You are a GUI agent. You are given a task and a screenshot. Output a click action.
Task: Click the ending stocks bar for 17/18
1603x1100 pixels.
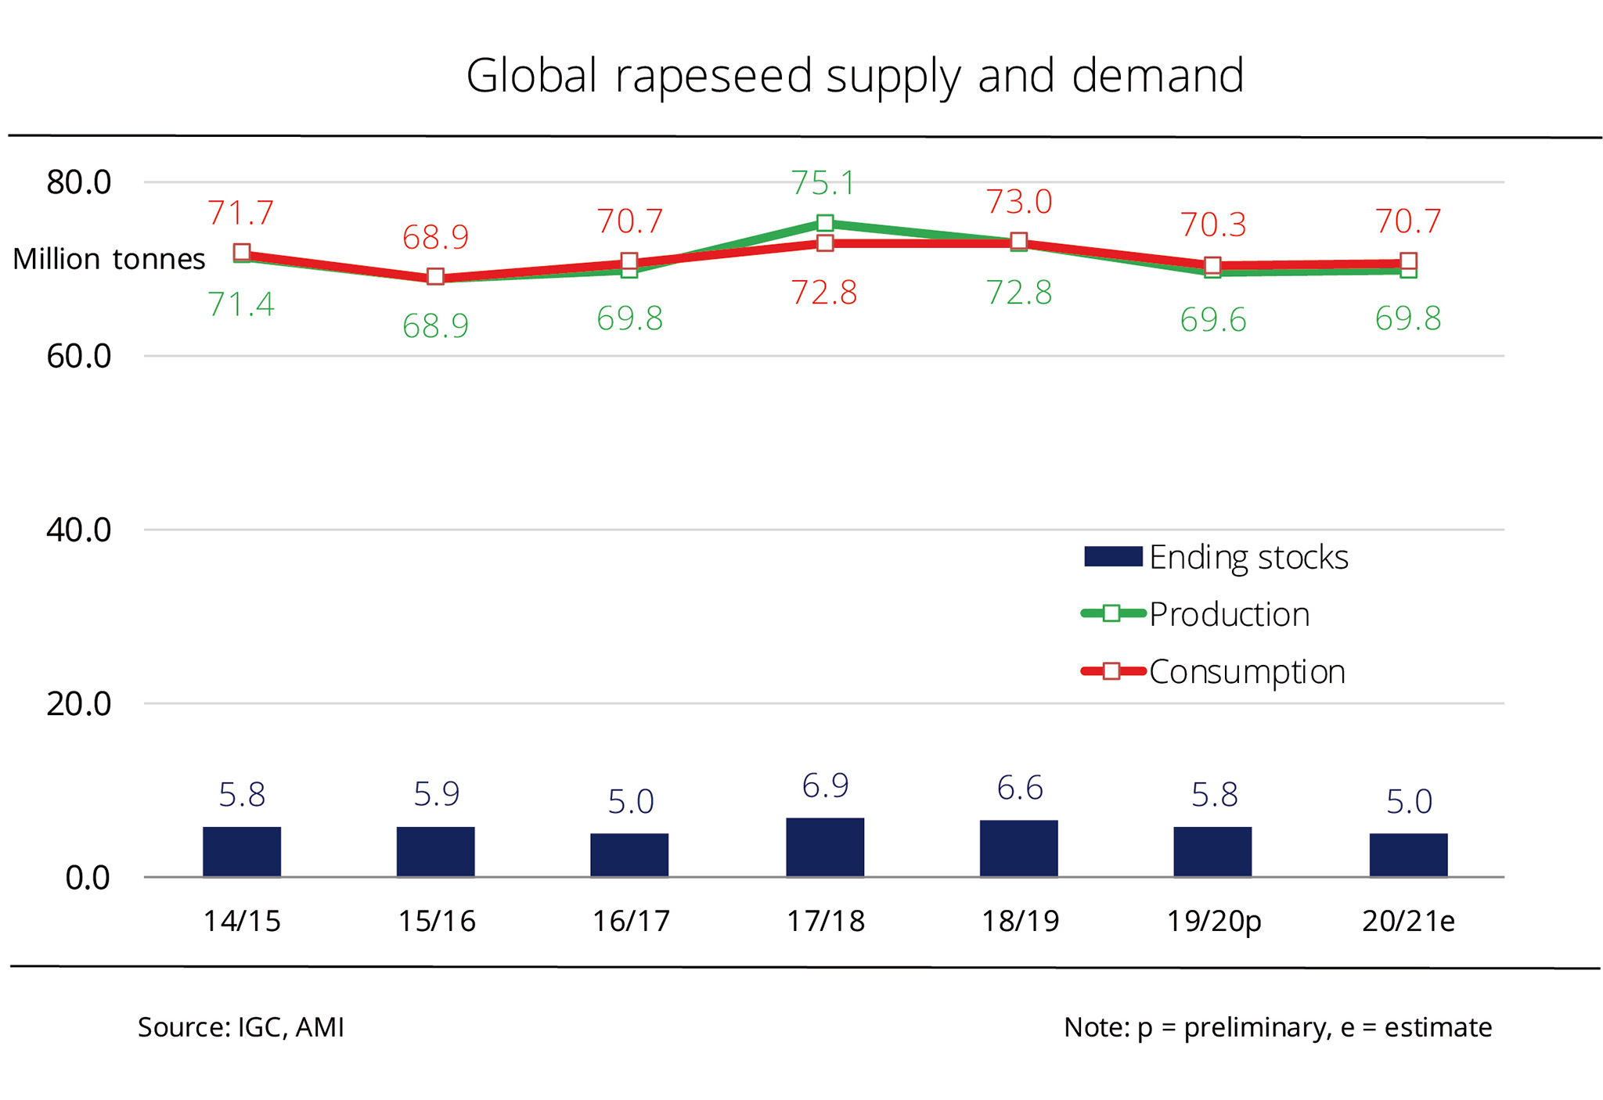[x=824, y=847]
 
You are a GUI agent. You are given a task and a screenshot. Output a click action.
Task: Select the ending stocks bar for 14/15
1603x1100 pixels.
[x=241, y=851]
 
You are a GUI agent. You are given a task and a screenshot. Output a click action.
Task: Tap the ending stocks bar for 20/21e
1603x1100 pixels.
[x=1407, y=854]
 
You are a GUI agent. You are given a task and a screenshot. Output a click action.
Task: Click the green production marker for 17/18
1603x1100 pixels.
[x=824, y=224]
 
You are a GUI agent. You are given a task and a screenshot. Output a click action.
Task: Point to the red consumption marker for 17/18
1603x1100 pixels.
[x=824, y=243]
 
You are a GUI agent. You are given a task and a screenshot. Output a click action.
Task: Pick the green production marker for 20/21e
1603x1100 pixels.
[x=1408, y=271]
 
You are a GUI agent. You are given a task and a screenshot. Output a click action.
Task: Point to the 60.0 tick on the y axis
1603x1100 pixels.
[x=79, y=357]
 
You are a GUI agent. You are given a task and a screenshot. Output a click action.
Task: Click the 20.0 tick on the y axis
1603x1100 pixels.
[x=79, y=704]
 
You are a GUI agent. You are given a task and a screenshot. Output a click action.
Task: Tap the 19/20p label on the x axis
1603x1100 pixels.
[x=1213, y=922]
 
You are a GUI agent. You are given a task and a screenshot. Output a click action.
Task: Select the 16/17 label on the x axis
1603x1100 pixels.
[x=631, y=922]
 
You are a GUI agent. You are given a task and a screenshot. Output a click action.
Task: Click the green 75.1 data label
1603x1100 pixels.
[x=823, y=183]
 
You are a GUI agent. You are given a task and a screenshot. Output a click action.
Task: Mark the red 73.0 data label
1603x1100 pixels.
[x=1018, y=202]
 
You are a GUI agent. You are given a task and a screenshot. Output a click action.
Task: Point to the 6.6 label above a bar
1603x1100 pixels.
[x=1019, y=788]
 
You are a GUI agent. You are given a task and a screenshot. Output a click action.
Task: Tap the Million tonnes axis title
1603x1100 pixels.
[x=109, y=259]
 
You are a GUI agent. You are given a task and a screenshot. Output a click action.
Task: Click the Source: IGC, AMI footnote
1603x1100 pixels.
[x=241, y=1027]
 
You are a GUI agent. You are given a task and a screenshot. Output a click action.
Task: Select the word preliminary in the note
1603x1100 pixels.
[x=1257, y=1027]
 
